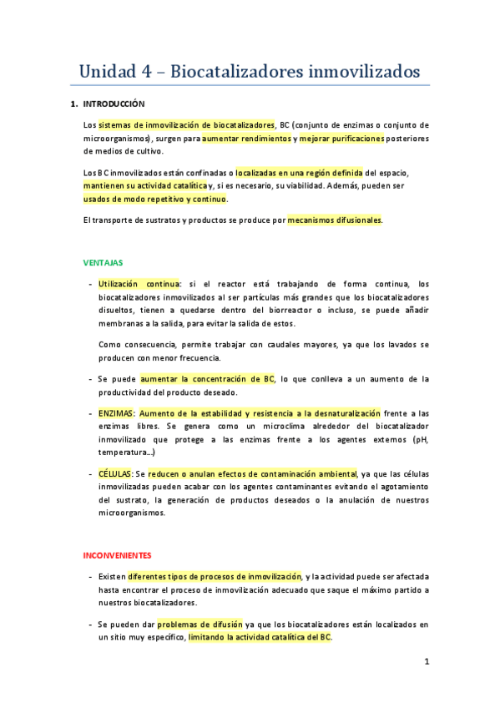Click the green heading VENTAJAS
[103, 262]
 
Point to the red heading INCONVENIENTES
[118, 554]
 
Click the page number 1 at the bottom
[426, 663]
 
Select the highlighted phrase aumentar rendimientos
[246, 138]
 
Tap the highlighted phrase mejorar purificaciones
[341, 138]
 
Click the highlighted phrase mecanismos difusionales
[334, 220]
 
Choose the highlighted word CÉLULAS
[115, 474]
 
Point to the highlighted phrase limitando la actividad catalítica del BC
[260, 637]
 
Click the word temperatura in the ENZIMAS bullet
[122, 452]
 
